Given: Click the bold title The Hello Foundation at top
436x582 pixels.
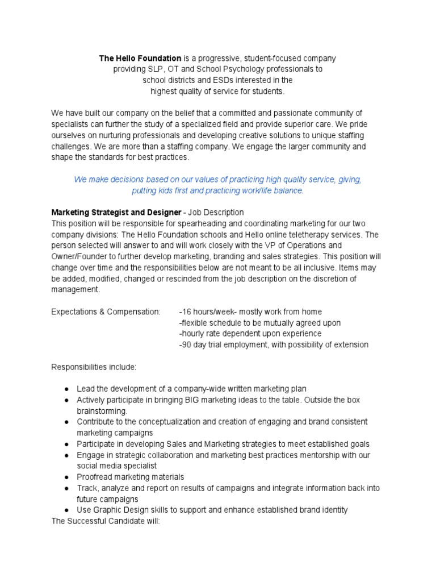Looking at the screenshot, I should [x=140, y=59].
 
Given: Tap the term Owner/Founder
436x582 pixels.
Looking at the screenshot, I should [x=77, y=256].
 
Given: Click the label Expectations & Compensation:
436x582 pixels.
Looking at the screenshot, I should [x=106, y=311].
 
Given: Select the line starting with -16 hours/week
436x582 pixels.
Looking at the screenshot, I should [x=250, y=311].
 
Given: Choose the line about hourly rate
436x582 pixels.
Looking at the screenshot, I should [x=250, y=334].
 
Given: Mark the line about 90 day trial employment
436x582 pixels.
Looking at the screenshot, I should [x=273, y=344].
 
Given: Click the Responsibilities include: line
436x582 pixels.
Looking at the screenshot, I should [x=94, y=367].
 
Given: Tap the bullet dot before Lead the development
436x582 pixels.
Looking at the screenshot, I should [x=66, y=389].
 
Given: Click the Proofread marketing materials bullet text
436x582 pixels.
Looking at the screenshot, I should [x=131, y=477].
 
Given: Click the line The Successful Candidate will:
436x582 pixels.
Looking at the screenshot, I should [x=106, y=521].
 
